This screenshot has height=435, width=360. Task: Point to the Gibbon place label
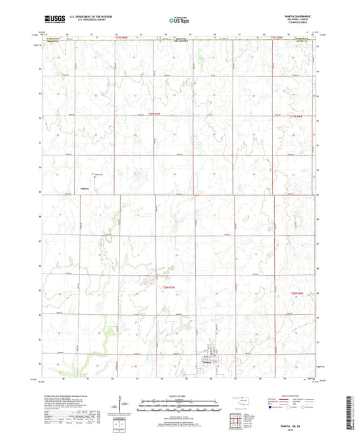coord(84,188)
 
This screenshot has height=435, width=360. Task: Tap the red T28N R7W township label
coord(174,288)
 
